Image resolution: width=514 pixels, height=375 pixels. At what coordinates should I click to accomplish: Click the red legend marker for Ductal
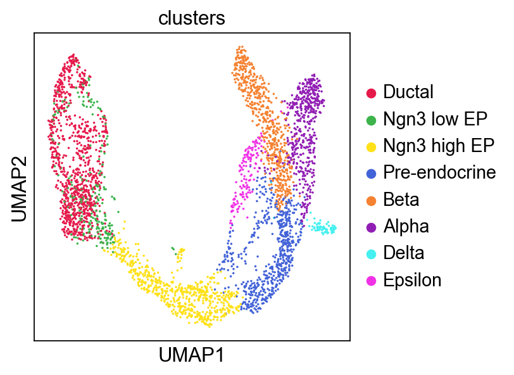(x=372, y=92)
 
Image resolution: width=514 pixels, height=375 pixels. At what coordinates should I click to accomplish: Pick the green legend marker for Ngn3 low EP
(x=372, y=119)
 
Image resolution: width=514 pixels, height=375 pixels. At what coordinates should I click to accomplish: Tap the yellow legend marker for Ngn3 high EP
(x=372, y=146)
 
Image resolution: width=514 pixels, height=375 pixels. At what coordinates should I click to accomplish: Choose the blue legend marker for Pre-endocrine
(x=372, y=173)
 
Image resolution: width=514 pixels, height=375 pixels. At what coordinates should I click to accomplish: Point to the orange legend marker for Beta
(x=372, y=200)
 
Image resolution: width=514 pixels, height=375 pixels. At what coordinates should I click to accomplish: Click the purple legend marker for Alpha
(x=372, y=227)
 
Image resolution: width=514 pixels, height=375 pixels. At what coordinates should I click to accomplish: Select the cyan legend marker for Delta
(x=372, y=253)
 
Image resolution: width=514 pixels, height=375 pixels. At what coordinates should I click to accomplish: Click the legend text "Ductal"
(x=408, y=92)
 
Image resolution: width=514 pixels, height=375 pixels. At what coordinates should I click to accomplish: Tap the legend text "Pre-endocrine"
(x=439, y=173)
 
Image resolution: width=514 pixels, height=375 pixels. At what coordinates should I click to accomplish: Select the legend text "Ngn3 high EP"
(x=438, y=146)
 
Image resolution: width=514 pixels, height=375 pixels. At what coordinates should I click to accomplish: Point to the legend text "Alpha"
(x=406, y=227)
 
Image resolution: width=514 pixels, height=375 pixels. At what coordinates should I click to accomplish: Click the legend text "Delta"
(x=404, y=253)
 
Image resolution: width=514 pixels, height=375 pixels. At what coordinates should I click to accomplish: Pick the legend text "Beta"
(x=401, y=200)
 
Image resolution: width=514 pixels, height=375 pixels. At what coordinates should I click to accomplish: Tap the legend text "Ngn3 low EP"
(x=436, y=119)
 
